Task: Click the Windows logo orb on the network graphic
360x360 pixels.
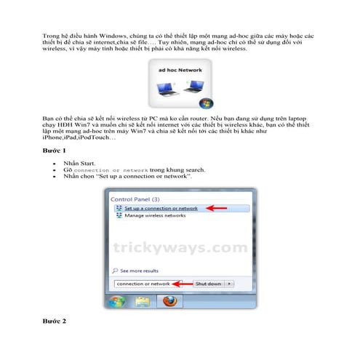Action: click(208, 103)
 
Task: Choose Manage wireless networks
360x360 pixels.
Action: click(156, 217)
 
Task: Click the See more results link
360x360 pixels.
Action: click(139, 269)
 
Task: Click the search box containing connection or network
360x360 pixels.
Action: click(145, 283)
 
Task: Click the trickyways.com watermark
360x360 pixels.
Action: click(179, 248)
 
